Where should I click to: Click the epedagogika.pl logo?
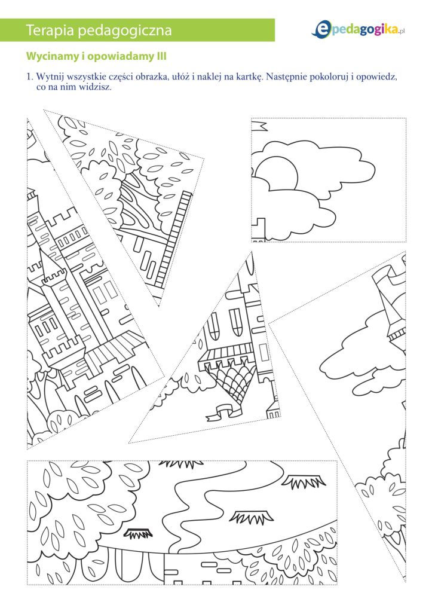click(359, 29)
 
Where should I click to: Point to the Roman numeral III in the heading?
click(161, 57)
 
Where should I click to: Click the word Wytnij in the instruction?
click(48, 77)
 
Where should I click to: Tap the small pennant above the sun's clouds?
click(259, 126)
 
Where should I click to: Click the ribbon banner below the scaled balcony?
click(221, 411)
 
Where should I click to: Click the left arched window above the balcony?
click(215, 324)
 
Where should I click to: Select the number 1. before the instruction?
click(30, 77)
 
